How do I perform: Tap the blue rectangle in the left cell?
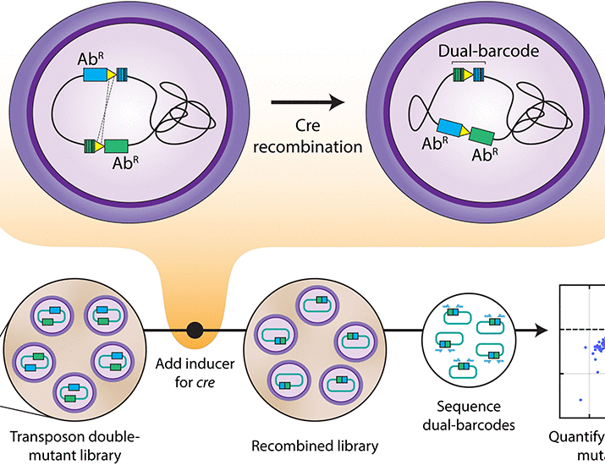tap(96, 74)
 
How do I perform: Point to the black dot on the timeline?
tap(194, 328)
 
